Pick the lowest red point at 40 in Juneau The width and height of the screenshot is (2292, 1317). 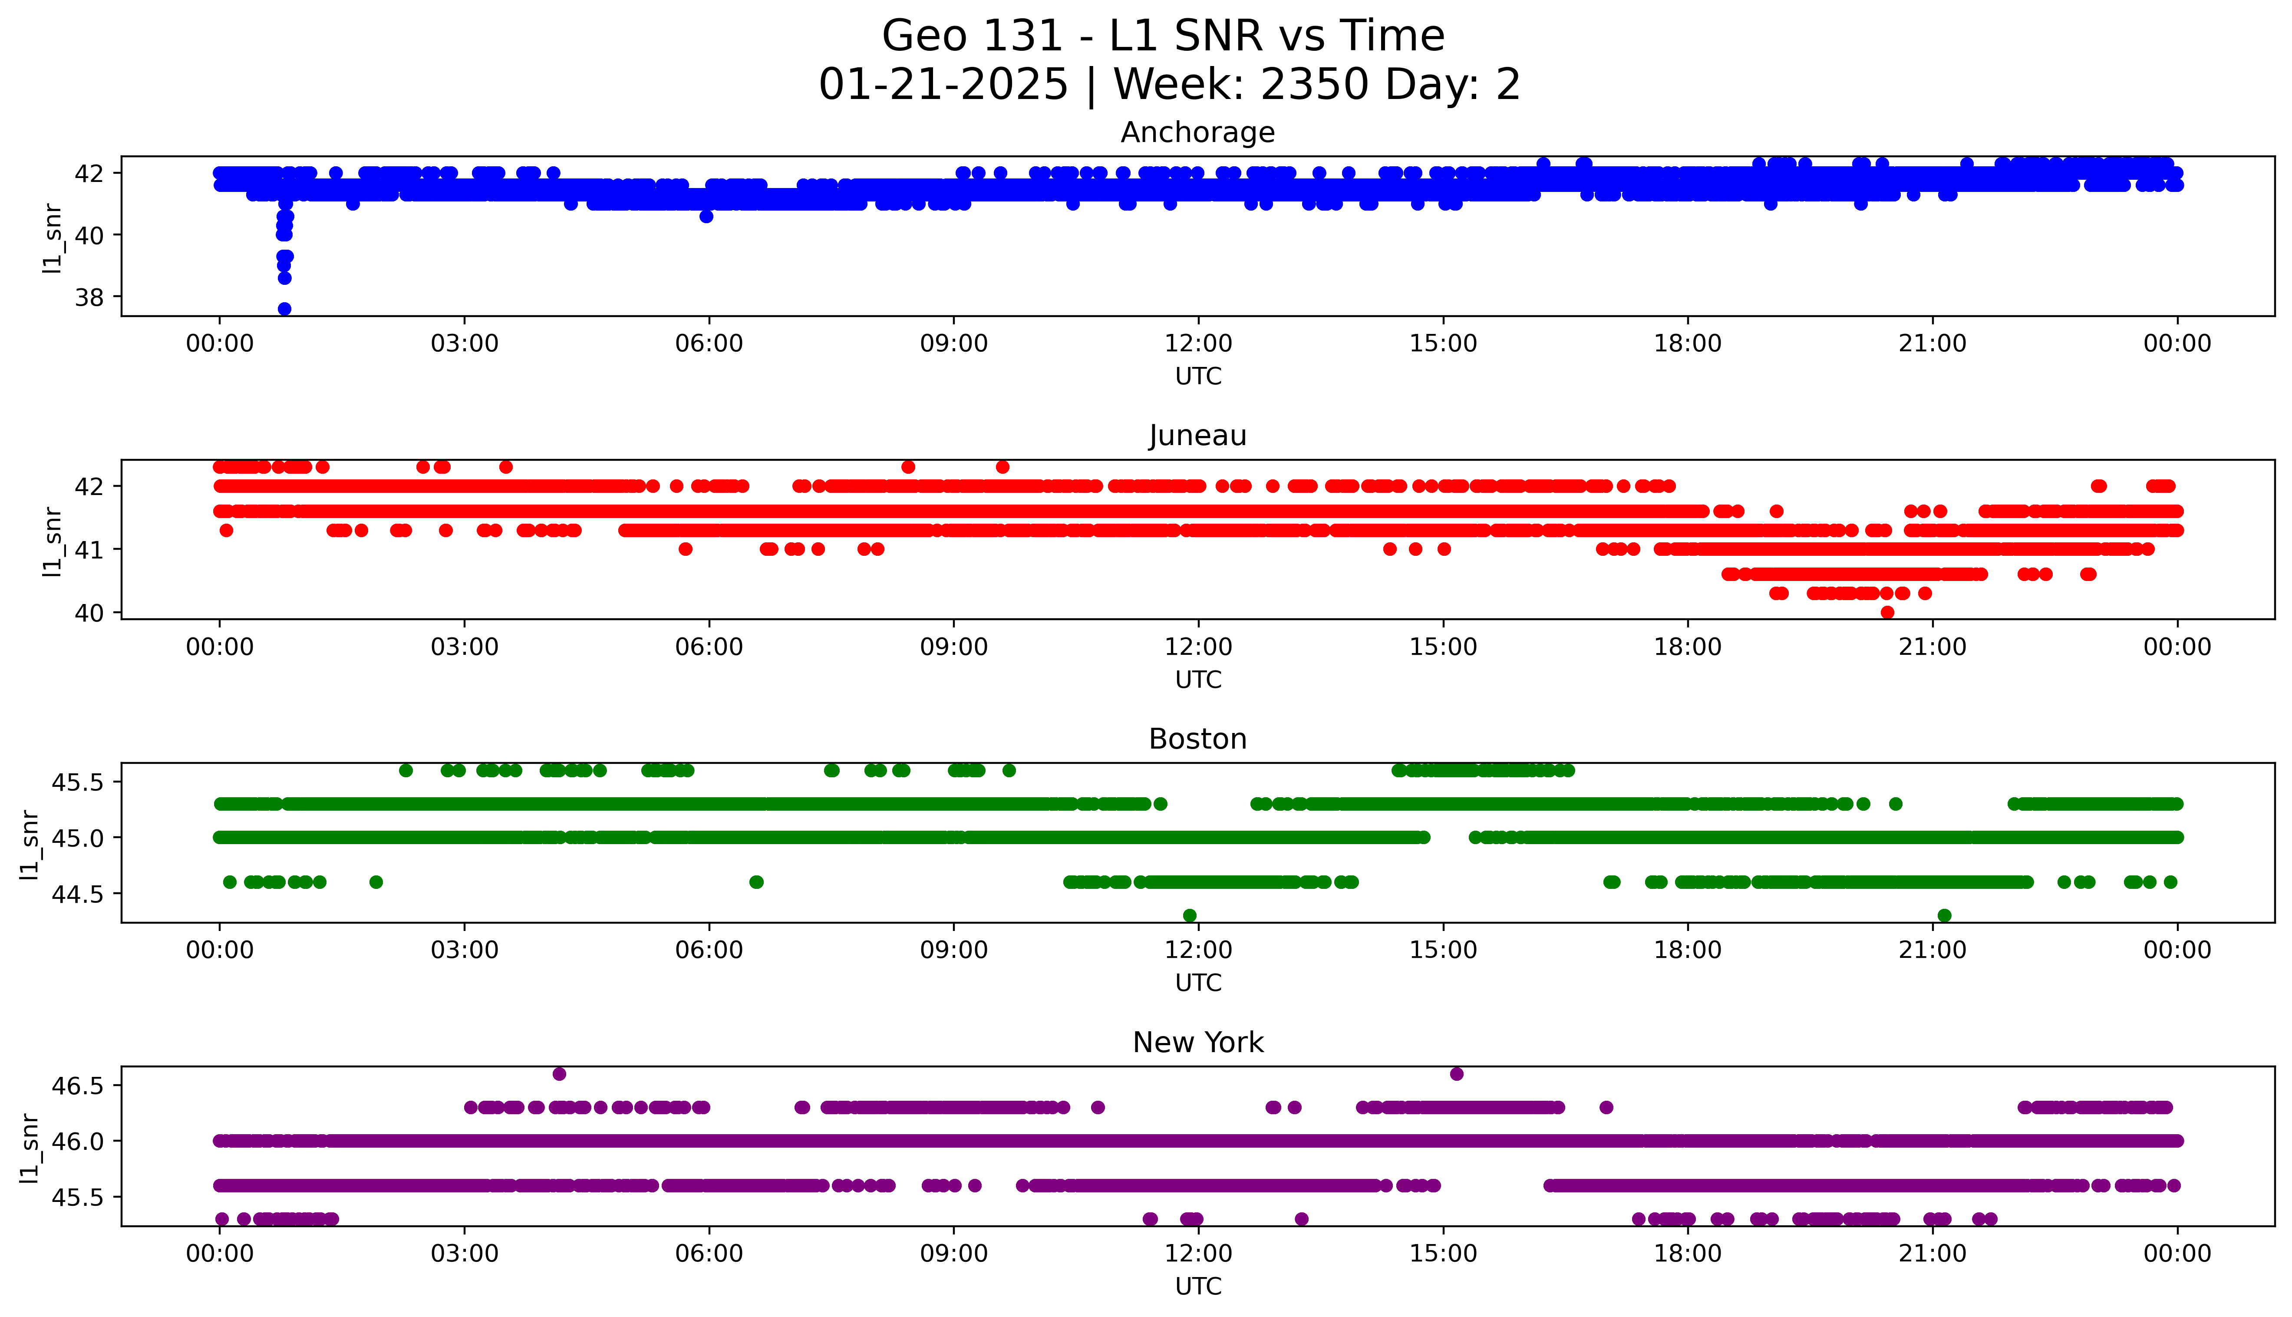click(x=1887, y=612)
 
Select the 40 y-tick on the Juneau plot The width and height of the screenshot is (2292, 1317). click(x=89, y=612)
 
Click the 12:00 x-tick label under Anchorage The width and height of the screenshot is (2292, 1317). click(x=1198, y=344)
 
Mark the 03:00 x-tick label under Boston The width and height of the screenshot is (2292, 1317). click(x=465, y=950)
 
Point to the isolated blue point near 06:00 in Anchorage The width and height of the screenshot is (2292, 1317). click(x=706, y=216)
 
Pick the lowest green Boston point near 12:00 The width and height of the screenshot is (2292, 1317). click(x=1190, y=915)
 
